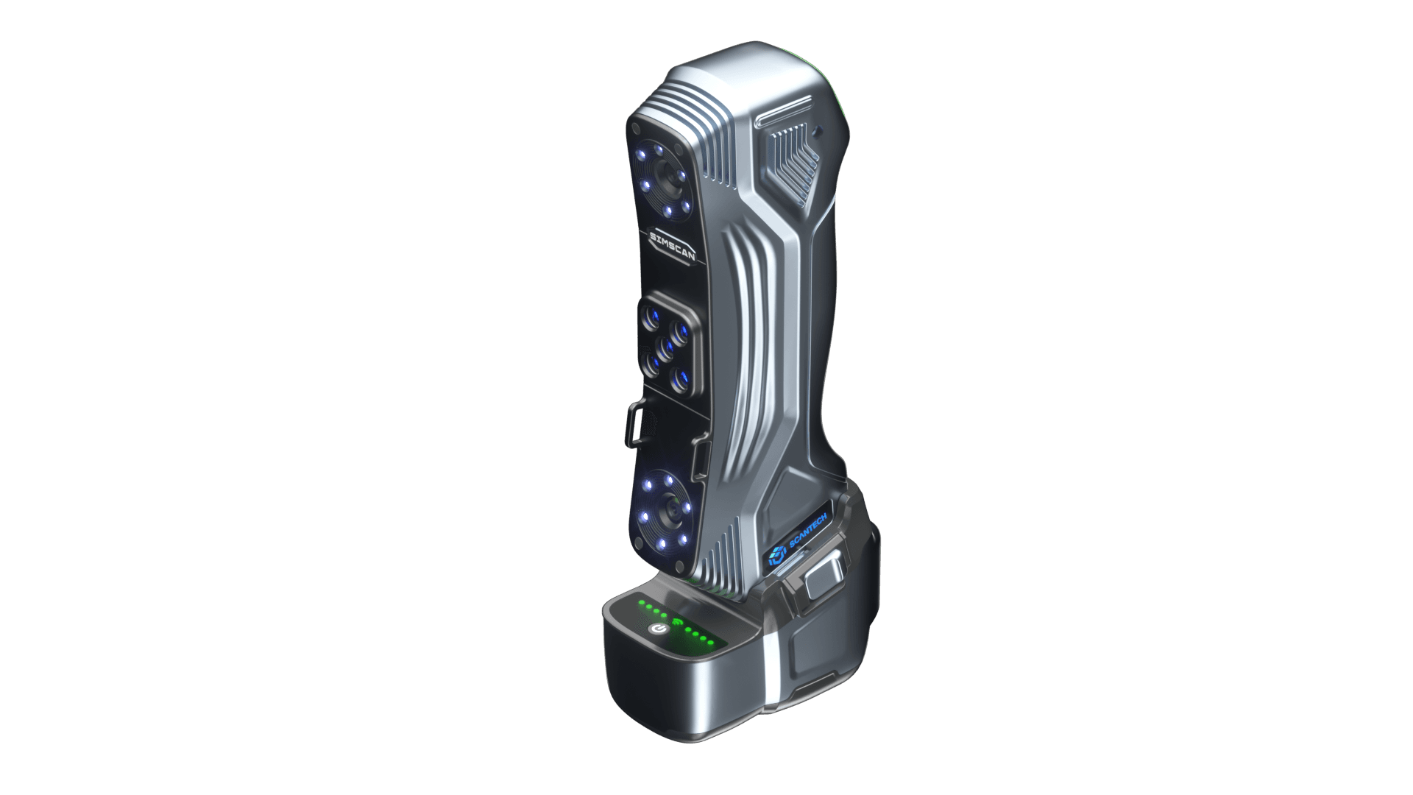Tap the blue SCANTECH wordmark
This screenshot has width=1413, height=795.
point(808,531)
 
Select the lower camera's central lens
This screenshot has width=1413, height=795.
point(155,507)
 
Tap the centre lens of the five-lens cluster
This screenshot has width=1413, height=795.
point(152,345)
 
